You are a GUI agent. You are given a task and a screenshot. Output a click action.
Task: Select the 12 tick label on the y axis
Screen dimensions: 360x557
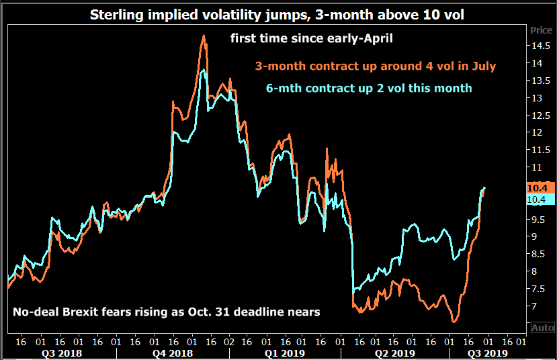point(538,133)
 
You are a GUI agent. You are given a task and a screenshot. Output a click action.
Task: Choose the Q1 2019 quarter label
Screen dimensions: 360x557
point(285,353)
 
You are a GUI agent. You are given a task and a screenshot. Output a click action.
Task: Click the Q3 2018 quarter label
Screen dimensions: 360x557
point(62,353)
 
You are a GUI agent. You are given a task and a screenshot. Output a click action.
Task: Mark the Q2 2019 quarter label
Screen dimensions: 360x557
point(394,353)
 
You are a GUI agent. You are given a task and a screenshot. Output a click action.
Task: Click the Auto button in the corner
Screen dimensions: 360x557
point(542,328)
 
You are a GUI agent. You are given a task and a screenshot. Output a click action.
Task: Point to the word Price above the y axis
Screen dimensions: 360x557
point(541,30)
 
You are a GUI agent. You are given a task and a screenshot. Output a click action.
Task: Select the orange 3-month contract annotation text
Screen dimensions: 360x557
point(375,66)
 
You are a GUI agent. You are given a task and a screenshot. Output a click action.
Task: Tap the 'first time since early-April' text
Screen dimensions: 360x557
point(311,38)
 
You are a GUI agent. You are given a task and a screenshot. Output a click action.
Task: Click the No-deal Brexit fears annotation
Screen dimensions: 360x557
point(166,312)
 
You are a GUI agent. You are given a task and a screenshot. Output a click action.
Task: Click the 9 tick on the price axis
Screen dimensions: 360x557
point(538,236)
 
